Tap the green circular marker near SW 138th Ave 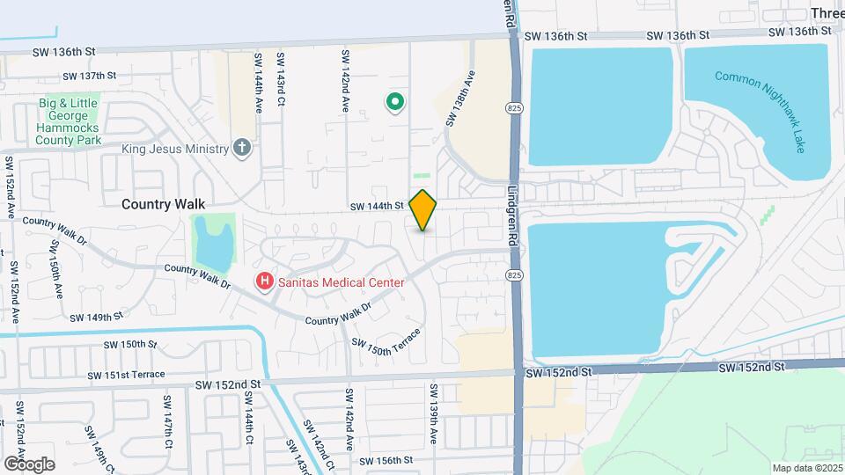point(395,103)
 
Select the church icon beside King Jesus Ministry point(243,148)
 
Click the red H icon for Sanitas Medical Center point(263,282)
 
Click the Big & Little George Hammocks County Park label point(70,121)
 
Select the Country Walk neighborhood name point(163,203)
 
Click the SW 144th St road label point(376,207)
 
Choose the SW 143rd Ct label point(281,80)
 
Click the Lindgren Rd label point(512,215)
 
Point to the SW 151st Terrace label point(126,375)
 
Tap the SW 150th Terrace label point(384,341)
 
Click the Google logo point(29,464)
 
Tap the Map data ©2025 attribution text point(807,468)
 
